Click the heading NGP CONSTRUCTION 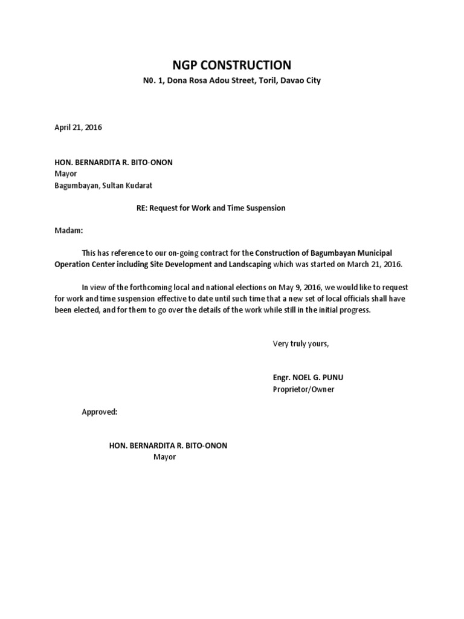click(233, 65)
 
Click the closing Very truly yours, click(301, 343)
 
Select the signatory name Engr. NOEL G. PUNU click(308, 378)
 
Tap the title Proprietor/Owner click(303, 389)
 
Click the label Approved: click(100, 412)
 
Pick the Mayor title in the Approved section click(164, 457)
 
